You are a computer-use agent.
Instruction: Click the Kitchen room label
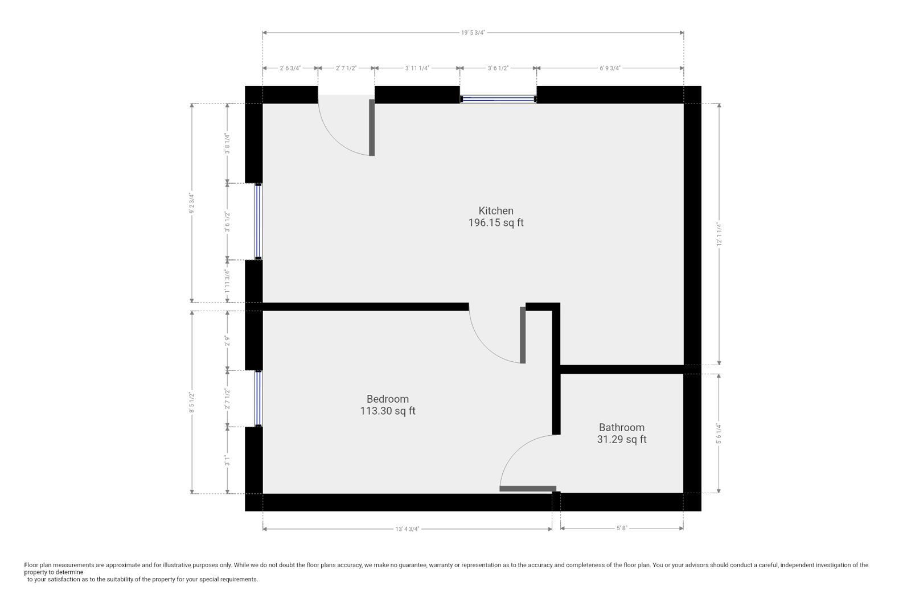(x=495, y=210)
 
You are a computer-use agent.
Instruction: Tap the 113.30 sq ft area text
(x=387, y=411)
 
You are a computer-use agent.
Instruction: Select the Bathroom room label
(x=621, y=427)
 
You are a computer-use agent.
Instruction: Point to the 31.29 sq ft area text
(x=621, y=439)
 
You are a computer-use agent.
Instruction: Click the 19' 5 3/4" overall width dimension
(x=473, y=33)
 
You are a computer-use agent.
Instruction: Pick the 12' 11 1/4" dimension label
(x=720, y=234)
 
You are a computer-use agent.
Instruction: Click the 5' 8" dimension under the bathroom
(x=621, y=528)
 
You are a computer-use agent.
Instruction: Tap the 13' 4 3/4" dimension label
(x=407, y=529)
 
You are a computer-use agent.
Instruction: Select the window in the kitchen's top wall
(x=498, y=99)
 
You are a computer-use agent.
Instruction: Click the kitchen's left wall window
(x=258, y=221)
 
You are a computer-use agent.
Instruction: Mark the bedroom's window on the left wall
(x=258, y=398)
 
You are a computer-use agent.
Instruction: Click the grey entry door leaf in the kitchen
(x=372, y=127)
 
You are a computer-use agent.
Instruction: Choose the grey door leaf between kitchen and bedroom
(x=523, y=335)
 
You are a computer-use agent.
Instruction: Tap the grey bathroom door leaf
(x=527, y=488)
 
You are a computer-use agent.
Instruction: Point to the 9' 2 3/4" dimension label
(x=192, y=203)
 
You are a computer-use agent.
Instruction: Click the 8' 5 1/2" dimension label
(x=192, y=402)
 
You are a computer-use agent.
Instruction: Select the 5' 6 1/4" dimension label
(x=720, y=433)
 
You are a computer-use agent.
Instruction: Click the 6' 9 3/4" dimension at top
(x=610, y=68)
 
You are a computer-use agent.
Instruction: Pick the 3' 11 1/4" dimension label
(x=417, y=68)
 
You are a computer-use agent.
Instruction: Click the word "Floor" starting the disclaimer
(x=31, y=565)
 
